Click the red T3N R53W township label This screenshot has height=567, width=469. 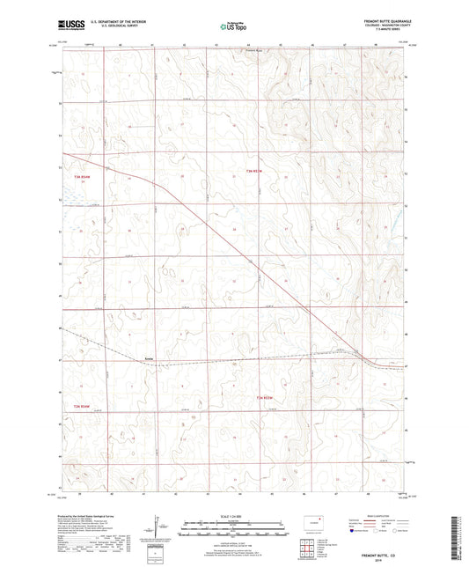coord(253,170)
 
